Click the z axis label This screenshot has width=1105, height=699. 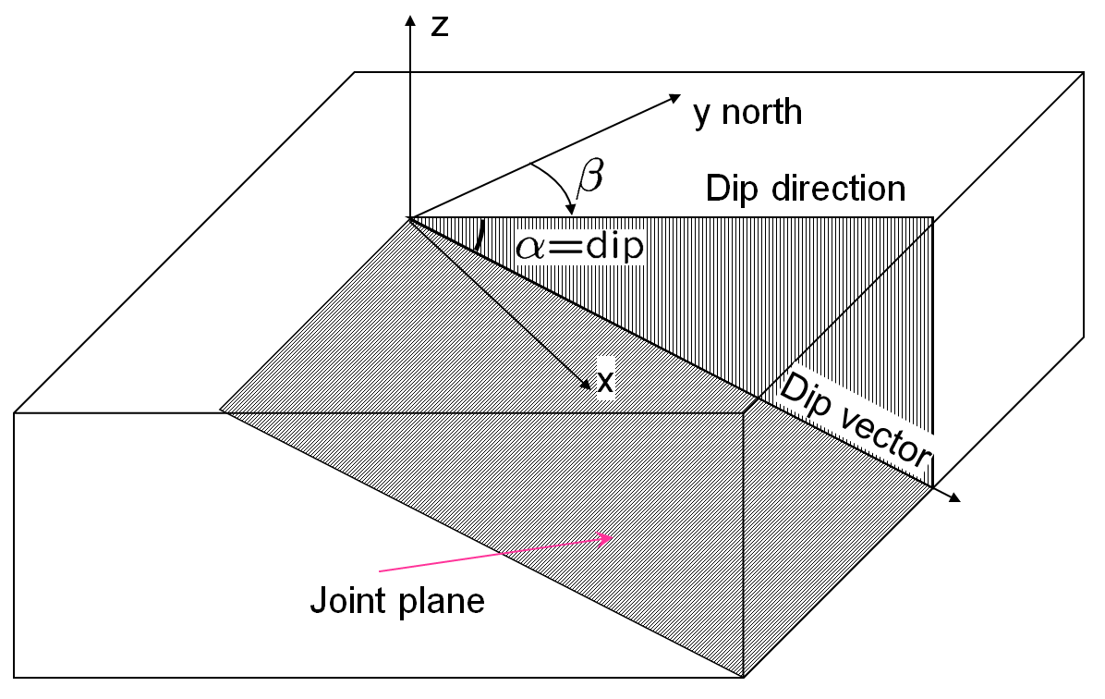440,27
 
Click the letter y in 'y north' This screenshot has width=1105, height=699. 702,115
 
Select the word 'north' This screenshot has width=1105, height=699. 762,112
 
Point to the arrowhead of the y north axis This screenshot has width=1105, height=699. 674,99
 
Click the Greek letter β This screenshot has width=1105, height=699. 589,177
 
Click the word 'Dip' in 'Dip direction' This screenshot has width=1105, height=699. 733,189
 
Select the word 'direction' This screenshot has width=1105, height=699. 839,189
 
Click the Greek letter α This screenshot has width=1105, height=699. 530,248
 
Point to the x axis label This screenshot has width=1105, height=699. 605,382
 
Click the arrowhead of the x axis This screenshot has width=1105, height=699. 586,385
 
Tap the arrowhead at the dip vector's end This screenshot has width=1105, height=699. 954,497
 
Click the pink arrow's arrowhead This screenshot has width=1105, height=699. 604,540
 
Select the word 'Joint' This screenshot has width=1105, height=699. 348,600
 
